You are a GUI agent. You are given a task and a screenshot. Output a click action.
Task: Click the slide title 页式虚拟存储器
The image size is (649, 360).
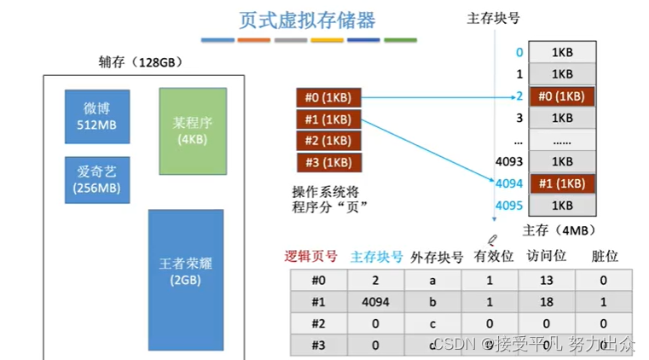pyautogui.click(x=307, y=20)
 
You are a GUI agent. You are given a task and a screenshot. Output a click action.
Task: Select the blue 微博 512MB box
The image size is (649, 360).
pyautogui.click(x=97, y=117)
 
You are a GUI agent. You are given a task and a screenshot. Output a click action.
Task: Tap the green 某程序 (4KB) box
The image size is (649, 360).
pyautogui.click(x=193, y=130)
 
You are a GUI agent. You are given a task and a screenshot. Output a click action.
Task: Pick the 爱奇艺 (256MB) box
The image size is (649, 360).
pyautogui.click(x=97, y=180)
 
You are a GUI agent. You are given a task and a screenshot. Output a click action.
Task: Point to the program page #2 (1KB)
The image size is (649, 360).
pyautogui.click(x=328, y=141)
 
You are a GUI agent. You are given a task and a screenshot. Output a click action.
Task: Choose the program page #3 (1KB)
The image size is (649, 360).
pyautogui.click(x=328, y=162)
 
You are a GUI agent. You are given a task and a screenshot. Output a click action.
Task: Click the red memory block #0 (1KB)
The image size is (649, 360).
pyautogui.click(x=562, y=96)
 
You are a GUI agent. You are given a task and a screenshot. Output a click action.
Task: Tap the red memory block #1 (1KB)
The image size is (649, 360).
pyautogui.click(x=562, y=183)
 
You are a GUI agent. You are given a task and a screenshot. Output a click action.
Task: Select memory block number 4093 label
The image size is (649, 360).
pyautogui.click(x=508, y=161)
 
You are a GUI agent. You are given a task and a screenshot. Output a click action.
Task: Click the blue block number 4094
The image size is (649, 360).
pyautogui.click(x=508, y=183)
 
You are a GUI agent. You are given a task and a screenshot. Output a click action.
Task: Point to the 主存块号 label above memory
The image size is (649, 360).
pyautogui.click(x=494, y=18)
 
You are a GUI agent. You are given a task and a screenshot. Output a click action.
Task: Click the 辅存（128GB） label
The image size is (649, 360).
pyautogui.click(x=141, y=62)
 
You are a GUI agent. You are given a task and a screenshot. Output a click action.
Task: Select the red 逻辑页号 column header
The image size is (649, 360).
pyautogui.click(x=311, y=256)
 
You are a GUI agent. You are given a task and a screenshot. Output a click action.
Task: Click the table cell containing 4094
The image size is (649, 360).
pyautogui.click(x=375, y=302)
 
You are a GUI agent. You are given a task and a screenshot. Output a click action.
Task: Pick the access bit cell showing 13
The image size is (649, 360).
pyautogui.click(x=547, y=280)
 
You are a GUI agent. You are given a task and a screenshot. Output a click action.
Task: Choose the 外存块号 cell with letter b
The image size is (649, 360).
pyautogui.click(x=432, y=302)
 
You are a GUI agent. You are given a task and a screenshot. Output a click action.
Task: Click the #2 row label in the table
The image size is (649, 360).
pyautogui.click(x=319, y=324)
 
